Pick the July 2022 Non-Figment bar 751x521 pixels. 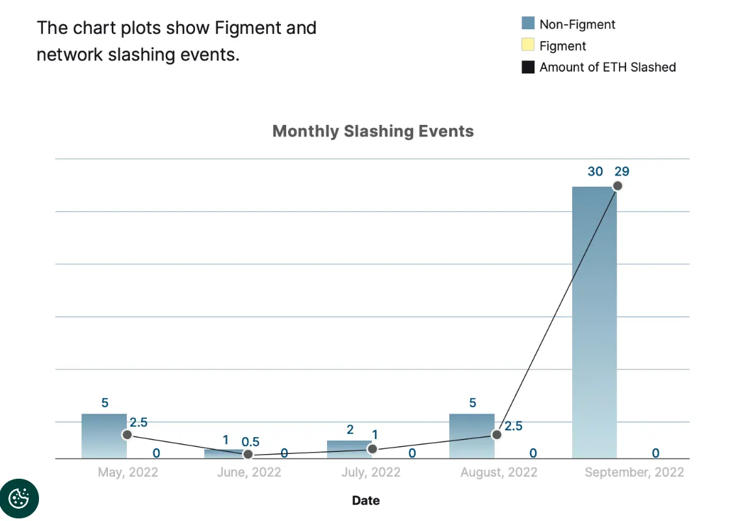349,449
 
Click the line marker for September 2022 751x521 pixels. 618,186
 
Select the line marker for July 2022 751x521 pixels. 372,449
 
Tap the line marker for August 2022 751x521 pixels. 496,434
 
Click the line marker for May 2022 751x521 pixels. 127,434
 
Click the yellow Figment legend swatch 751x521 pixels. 528,46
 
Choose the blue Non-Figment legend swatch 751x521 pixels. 528,24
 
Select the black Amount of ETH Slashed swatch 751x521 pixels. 528,67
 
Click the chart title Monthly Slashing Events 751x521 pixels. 373,131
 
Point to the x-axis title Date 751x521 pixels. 366,500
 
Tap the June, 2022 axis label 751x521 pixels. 249,472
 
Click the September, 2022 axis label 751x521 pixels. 634,472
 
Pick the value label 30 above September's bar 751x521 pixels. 595,172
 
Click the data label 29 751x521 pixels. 622,172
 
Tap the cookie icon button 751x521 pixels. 19,499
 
